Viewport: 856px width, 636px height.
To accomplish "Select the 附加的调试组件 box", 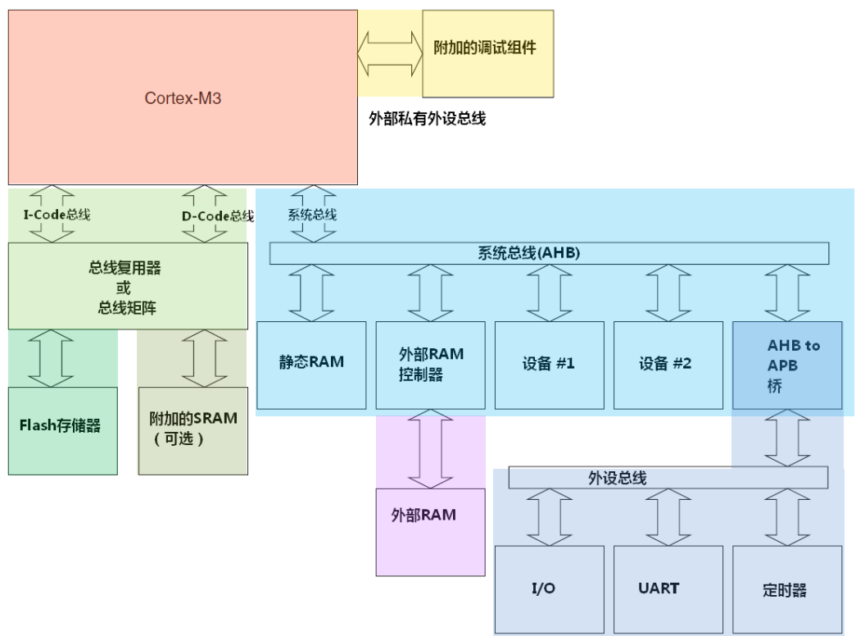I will [x=487, y=53].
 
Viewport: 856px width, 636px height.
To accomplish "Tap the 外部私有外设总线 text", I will [x=428, y=119].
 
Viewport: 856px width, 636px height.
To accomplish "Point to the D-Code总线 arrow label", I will [x=217, y=216].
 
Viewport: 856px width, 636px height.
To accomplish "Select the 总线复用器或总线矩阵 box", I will [x=128, y=286].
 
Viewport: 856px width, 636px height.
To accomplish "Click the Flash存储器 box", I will [x=62, y=425].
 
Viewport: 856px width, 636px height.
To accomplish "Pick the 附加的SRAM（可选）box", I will [x=192, y=426].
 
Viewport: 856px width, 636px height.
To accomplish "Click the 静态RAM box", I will [x=310, y=365].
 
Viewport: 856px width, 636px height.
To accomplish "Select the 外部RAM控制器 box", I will [x=430, y=365].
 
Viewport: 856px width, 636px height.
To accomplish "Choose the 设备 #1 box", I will [x=549, y=365].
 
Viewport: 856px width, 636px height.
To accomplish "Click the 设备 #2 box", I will [x=668, y=365].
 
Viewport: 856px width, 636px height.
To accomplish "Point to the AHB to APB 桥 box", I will [x=787, y=365].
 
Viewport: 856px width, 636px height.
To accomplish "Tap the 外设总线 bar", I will [x=668, y=478].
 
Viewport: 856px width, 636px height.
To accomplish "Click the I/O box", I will [x=549, y=589].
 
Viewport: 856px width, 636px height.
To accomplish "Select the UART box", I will [x=668, y=589].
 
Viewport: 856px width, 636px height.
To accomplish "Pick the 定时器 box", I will [x=787, y=589].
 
